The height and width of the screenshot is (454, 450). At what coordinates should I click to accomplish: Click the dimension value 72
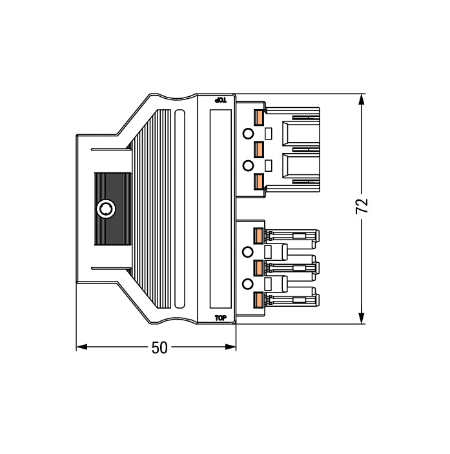(x=362, y=206)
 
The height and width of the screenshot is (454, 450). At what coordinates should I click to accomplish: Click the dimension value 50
(x=159, y=347)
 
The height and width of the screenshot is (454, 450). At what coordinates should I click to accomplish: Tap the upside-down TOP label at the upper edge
(x=220, y=100)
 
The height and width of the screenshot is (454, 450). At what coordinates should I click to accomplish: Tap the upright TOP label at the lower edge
(x=221, y=318)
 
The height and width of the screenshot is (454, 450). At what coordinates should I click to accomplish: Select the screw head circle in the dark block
(x=106, y=209)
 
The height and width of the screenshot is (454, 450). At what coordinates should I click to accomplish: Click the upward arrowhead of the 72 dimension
(x=361, y=99)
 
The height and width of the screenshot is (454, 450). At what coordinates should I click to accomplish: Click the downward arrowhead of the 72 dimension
(x=361, y=318)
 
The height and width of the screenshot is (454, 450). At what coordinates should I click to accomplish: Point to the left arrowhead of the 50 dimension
(x=82, y=347)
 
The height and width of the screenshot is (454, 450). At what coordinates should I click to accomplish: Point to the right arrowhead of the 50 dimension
(x=230, y=347)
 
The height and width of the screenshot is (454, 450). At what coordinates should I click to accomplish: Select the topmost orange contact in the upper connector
(x=258, y=118)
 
